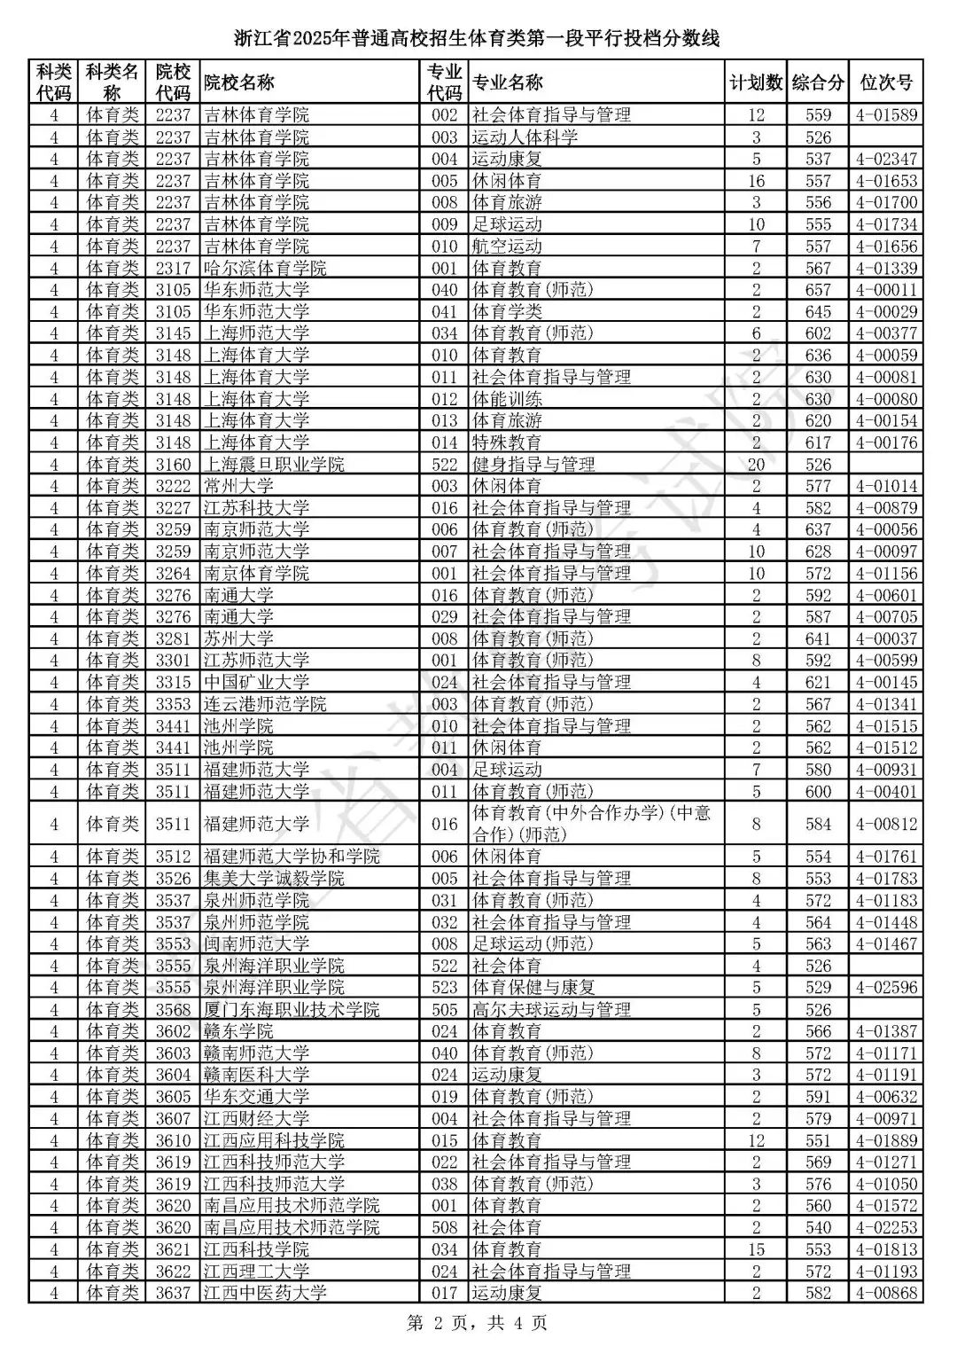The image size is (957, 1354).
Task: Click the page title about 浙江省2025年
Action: click(478, 38)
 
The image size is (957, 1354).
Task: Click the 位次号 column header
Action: click(886, 82)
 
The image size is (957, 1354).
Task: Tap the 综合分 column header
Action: click(818, 82)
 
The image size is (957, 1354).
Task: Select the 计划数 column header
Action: click(756, 82)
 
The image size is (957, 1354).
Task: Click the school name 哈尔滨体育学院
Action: click(265, 268)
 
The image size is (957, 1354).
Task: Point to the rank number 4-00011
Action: click(886, 290)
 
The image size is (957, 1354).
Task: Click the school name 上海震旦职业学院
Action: click(274, 465)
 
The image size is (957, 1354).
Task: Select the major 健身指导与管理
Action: click(533, 465)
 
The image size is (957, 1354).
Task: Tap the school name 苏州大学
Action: click(238, 638)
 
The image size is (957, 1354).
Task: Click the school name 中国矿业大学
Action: click(256, 682)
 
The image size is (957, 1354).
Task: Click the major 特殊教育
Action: click(507, 442)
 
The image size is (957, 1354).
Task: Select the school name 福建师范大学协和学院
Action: click(292, 857)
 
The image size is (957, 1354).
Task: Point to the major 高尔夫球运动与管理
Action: click(551, 1009)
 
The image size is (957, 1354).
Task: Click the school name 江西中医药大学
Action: click(265, 1293)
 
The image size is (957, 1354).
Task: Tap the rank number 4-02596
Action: click(886, 988)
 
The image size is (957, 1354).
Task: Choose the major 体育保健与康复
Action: click(533, 988)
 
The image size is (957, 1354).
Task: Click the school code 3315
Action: click(173, 682)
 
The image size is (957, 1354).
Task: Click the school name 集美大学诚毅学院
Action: click(274, 879)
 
